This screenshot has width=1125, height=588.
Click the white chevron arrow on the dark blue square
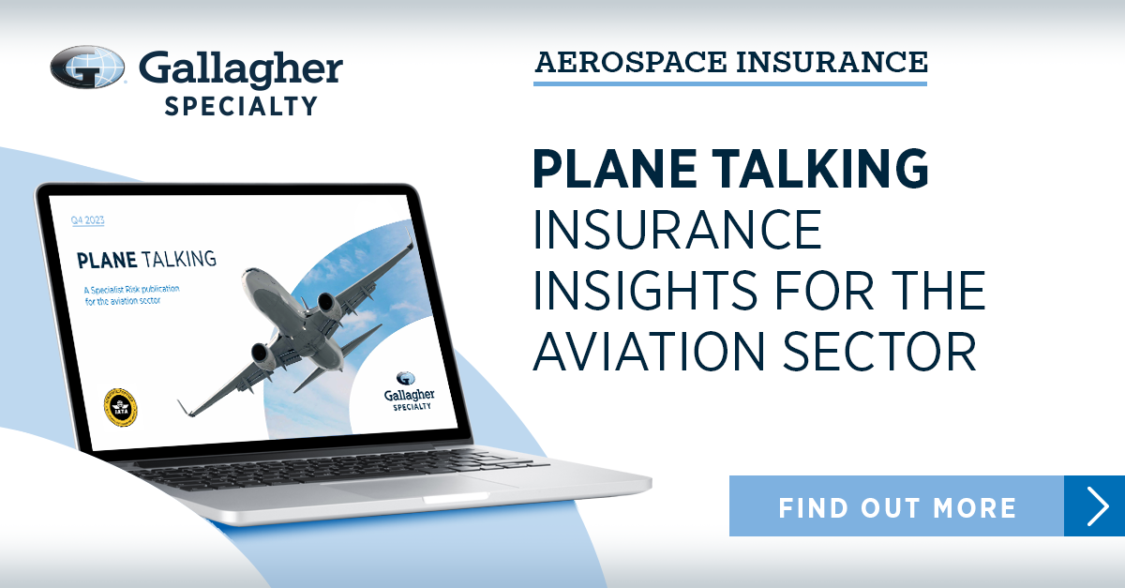(1095, 506)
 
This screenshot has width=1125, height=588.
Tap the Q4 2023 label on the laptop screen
(88, 221)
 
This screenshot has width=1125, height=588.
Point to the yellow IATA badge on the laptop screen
(120, 408)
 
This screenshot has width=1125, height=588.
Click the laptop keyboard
(337, 470)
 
